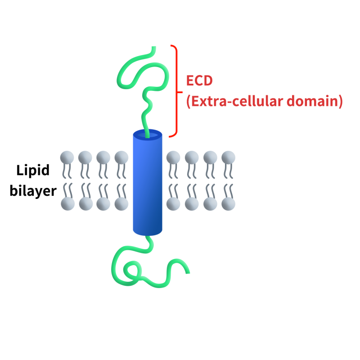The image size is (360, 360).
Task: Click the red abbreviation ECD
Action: click(x=199, y=81)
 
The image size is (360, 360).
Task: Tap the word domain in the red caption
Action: click(x=315, y=101)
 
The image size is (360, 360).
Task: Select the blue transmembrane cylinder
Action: click(x=147, y=184)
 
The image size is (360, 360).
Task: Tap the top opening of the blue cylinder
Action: click(x=147, y=134)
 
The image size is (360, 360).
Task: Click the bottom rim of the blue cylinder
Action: click(x=147, y=233)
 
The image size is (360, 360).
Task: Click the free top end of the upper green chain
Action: click(x=154, y=47)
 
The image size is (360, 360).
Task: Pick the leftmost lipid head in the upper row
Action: click(x=67, y=157)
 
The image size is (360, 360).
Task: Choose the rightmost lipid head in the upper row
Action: click(x=228, y=157)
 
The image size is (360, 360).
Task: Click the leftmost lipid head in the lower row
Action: click(x=67, y=204)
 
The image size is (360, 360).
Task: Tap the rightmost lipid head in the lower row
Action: click(x=228, y=204)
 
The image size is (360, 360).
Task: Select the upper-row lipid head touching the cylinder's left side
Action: click(x=121, y=157)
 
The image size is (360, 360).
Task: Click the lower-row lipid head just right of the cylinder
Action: click(x=173, y=204)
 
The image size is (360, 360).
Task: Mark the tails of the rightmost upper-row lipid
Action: click(x=228, y=171)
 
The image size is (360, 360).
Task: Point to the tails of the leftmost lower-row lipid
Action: click(x=67, y=189)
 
